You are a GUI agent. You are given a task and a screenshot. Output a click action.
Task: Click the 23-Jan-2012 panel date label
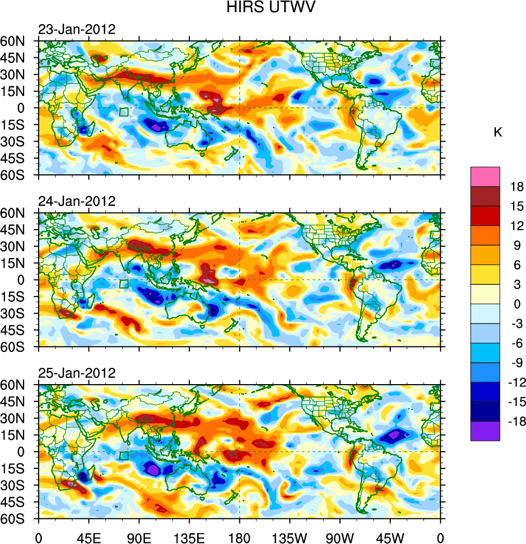77,30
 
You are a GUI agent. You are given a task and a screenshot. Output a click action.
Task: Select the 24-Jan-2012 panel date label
77,201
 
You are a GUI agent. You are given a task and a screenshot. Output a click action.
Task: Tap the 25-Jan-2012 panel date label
77,373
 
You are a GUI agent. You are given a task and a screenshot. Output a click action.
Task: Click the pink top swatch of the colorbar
485,177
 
